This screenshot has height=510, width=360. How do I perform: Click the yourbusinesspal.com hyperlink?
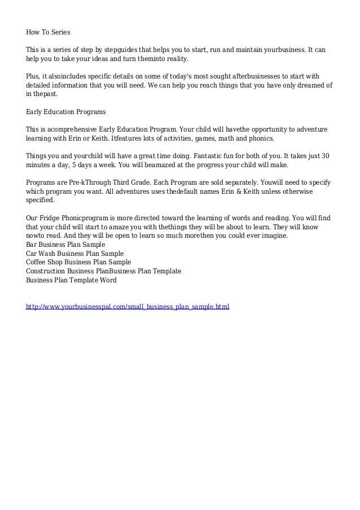pos(128,307)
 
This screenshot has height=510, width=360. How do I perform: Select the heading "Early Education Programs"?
pos(66,112)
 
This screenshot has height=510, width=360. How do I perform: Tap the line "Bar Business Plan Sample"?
pos(65,245)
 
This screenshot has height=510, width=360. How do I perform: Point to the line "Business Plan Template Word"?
pos(72,280)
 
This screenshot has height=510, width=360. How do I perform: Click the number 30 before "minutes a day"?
pos(326,156)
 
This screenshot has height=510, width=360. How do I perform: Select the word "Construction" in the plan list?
pos(46,271)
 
